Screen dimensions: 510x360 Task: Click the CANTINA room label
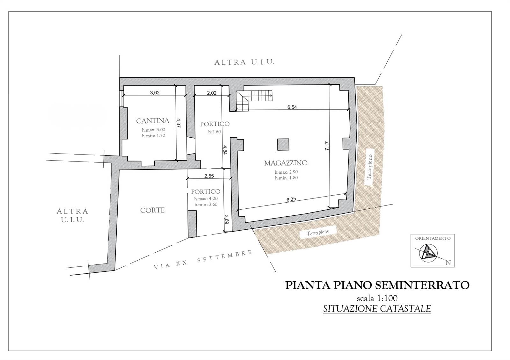(x=153, y=121)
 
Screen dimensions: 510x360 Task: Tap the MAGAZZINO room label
(x=286, y=163)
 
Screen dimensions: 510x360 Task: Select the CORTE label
(x=152, y=210)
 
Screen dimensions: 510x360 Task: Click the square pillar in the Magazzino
(x=283, y=145)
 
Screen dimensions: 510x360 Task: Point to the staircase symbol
(x=254, y=101)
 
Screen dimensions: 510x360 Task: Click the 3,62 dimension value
(x=155, y=93)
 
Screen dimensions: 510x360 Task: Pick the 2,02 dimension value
(x=212, y=93)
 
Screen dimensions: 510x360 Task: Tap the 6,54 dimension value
(x=292, y=107)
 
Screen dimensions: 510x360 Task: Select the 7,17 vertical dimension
(x=327, y=146)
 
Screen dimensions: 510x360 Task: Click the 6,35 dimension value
(x=291, y=199)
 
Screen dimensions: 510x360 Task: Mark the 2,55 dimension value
(x=209, y=176)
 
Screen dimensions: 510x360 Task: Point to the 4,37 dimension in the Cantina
(x=178, y=123)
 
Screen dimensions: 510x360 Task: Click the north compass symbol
(x=428, y=253)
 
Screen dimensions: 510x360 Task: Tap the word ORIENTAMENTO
(x=433, y=238)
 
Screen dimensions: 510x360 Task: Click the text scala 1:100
(x=377, y=298)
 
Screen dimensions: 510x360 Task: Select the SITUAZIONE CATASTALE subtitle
(x=377, y=309)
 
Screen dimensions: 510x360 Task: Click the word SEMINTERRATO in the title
(x=422, y=285)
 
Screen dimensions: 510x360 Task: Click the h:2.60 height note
(x=215, y=132)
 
